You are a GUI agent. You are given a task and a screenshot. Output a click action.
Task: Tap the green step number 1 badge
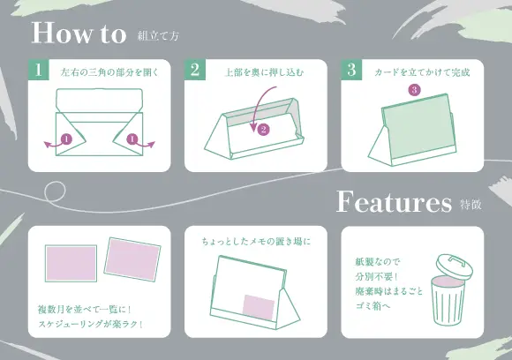38,71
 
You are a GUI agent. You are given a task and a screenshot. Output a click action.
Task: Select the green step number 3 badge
351,71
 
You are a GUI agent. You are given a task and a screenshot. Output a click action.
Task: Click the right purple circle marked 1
132,139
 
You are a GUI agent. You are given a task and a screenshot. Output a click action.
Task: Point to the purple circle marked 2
262,129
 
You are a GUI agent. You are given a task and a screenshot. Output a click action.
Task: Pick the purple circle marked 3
414,90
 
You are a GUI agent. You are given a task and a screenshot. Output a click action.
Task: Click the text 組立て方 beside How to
158,36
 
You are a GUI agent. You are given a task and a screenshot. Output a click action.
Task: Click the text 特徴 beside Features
470,205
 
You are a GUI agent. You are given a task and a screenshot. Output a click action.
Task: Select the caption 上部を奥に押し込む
264,71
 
